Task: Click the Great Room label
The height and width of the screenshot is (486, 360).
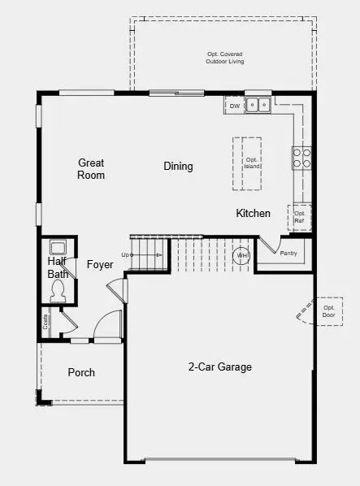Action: (x=91, y=169)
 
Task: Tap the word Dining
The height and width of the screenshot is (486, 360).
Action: (x=178, y=167)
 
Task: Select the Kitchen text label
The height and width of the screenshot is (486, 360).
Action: (x=253, y=214)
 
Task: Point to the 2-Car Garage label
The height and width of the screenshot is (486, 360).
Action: (x=219, y=367)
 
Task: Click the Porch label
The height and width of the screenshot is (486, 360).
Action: (x=80, y=373)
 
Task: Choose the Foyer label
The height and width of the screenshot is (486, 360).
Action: (x=100, y=265)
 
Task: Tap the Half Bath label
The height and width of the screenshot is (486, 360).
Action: (x=58, y=268)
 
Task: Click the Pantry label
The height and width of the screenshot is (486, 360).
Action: (x=288, y=254)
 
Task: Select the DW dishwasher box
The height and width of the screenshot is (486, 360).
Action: (x=234, y=106)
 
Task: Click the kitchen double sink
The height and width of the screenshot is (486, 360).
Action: (x=259, y=105)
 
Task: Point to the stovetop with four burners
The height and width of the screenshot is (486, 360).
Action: (x=301, y=158)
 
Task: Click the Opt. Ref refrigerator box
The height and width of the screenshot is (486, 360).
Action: (x=300, y=217)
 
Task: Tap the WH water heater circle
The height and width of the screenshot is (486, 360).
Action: (x=241, y=256)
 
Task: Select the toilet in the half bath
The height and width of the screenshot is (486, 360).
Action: (x=58, y=294)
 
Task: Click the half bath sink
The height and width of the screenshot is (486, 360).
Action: (x=58, y=248)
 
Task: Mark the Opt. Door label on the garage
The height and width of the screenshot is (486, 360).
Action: (x=329, y=310)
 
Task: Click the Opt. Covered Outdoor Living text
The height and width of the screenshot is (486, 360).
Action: (x=225, y=58)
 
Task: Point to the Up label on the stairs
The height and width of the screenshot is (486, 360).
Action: (x=126, y=255)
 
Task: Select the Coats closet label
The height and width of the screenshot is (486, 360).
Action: (x=46, y=323)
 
